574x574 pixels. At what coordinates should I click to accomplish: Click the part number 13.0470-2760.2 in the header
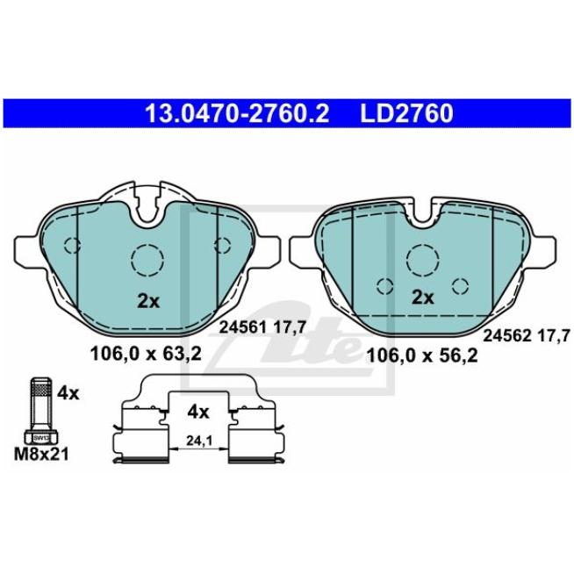(237, 113)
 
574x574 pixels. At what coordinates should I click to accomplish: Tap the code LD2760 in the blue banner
(406, 113)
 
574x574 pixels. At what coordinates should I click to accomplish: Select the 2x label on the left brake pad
(148, 301)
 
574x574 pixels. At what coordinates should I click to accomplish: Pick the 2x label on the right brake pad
(423, 298)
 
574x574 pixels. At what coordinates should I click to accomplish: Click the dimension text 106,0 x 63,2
(146, 354)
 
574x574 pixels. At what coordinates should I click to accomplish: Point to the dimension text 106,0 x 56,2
(422, 355)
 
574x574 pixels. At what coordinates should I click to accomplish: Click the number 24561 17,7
(262, 327)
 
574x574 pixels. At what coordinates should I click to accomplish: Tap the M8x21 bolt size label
(41, 455)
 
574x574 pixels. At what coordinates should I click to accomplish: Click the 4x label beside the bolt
(68, 394)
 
